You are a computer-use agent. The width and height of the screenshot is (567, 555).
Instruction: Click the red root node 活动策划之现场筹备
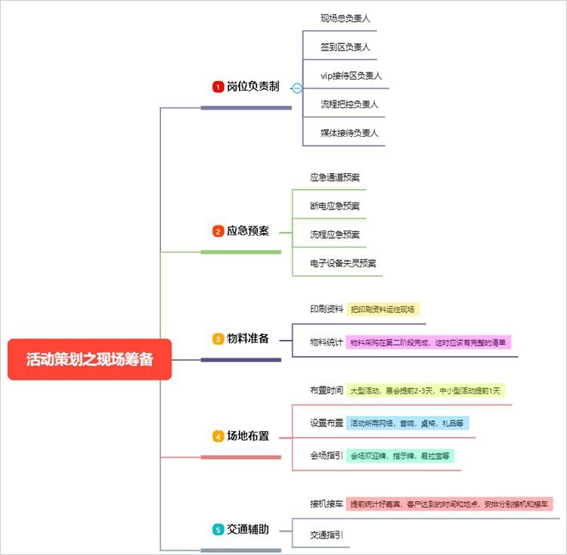click(89, 359)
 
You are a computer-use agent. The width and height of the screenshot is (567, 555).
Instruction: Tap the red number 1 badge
click(218, 87)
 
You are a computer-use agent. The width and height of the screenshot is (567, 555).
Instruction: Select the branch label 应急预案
click(247, 231)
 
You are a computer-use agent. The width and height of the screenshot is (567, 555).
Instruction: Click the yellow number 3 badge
click(218, 339)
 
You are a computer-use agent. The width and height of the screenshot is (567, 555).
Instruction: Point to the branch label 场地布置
click(248, 436)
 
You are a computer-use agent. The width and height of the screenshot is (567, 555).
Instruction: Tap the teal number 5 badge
click(218, 530)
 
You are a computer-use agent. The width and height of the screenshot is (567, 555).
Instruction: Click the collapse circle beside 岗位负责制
click(297, 88)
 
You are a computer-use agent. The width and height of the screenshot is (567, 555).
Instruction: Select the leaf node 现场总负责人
click(345, 17)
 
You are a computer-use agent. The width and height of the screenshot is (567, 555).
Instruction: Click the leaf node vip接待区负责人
click(351, 76)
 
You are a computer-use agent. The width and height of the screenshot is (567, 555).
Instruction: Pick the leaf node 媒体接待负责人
click(349, 133)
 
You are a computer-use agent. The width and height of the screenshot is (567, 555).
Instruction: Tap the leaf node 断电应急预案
click(334, 206)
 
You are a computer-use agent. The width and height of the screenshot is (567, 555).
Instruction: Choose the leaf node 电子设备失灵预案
click(342, 263)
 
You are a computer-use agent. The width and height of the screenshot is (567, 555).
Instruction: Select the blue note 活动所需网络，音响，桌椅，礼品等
click(407, 423)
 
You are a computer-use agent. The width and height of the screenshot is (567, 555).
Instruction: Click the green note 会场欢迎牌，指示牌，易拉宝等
click(401, 456)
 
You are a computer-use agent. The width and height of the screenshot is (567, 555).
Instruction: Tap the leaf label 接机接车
click(326, 504)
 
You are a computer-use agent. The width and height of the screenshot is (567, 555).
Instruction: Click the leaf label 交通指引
click(326, 535)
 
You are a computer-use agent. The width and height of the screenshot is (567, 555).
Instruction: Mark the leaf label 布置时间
click(326, 391)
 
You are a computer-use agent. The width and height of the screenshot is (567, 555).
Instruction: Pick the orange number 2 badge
click(218, 231)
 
